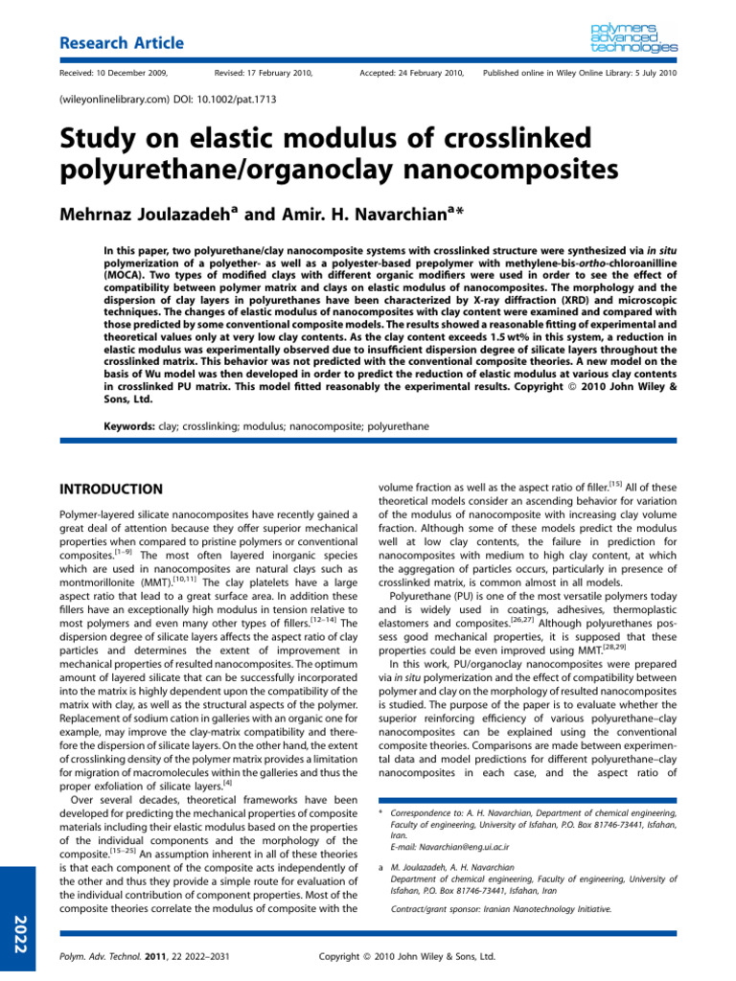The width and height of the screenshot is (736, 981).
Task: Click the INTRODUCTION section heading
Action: coord(111,489)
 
